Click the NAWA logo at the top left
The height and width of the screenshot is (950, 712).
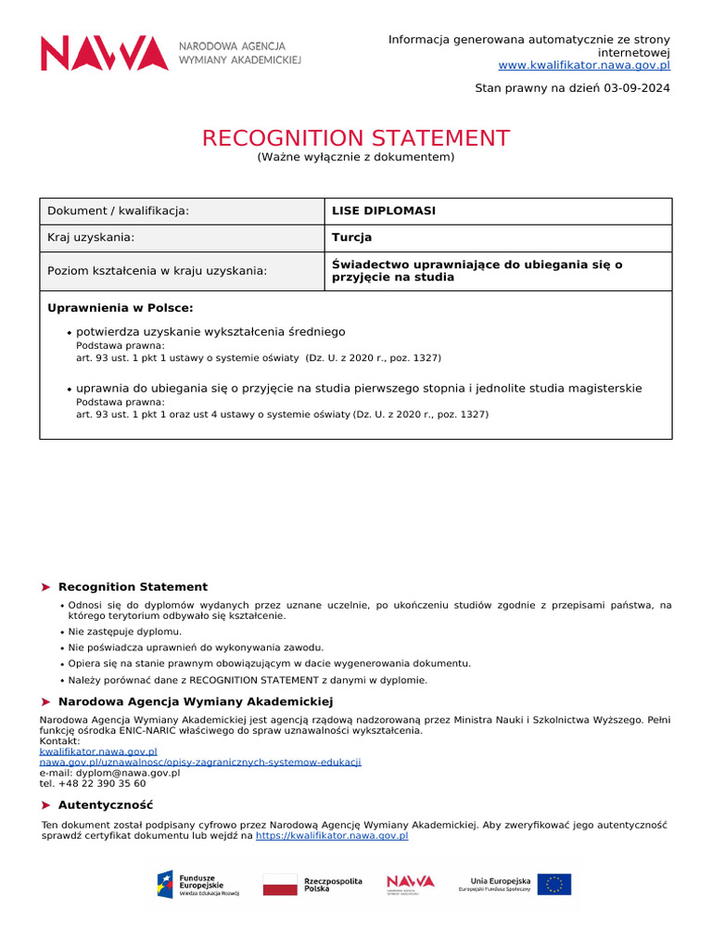170,53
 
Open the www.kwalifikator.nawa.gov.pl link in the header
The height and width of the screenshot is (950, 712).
584,65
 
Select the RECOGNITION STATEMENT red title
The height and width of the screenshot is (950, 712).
356,138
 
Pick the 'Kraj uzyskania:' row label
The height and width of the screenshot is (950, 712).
91,237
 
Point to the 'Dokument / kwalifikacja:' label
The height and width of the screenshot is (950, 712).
118,211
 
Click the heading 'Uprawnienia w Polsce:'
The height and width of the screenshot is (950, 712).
121,308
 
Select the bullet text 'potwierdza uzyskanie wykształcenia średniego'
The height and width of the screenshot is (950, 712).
210,331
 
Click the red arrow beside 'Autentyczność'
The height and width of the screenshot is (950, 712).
46,805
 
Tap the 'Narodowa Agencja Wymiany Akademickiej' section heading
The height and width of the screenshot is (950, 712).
195,701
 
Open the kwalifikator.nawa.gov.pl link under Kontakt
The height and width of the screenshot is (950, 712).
98,751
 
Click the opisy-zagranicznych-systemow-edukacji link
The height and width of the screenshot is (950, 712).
199,762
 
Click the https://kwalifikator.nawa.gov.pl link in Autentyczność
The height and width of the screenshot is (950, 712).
331,835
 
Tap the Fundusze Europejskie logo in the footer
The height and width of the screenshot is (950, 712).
198,884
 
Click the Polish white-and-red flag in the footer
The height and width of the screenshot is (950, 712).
280,884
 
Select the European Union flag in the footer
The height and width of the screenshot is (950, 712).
554,884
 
